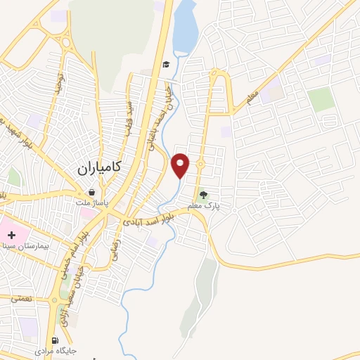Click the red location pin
[x=181, y=165]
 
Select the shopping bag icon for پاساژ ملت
[x=91, y=191]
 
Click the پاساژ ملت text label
[x=90, y=202]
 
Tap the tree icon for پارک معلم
[x=204, y=195]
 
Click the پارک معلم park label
[x=204, y=206]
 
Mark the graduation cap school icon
[x=166, y=65]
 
